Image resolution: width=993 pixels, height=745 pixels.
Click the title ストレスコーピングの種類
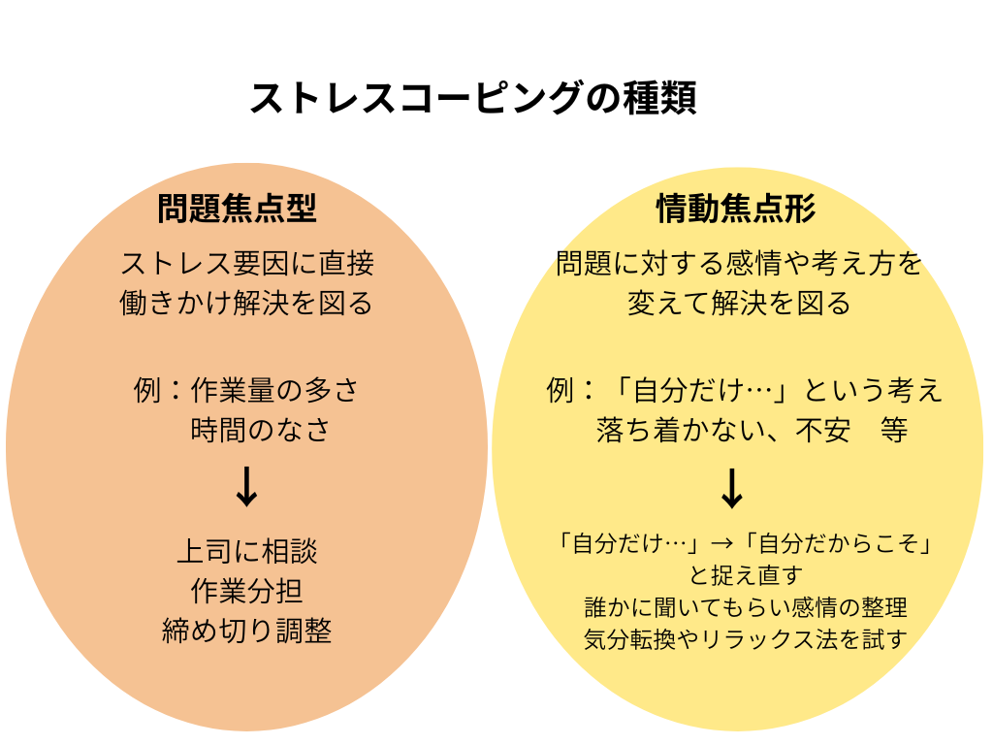point(473,99)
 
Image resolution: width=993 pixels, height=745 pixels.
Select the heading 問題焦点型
point(238,209)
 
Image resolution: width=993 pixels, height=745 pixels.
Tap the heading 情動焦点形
point(736,209)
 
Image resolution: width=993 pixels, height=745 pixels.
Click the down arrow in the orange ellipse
point(247,487)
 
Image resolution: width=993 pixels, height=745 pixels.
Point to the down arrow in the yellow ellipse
point(732,489)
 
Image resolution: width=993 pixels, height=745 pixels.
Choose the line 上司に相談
point(247,552)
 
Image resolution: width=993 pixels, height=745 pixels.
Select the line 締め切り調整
point(247,632)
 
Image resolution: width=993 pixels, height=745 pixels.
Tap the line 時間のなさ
point(262,430)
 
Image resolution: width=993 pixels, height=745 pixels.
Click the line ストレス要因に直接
point(247,263)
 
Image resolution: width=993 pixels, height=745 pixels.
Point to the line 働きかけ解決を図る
point(247,303)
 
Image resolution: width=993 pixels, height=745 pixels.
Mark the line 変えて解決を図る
point(739,303)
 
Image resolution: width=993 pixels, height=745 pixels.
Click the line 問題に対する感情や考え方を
point(739,263)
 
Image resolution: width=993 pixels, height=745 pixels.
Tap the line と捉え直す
point(746,575)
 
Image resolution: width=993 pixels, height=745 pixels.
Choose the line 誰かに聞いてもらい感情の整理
point(746,607)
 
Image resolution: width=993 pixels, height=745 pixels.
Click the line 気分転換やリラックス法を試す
point(746,639)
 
